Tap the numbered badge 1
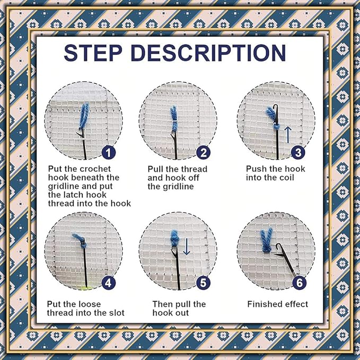click(x=109, y=153)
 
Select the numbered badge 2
click(x=203, y=153)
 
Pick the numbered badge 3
click(x=298, y=153)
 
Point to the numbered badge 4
click(x=109, y=283)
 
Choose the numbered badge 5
click(x=203, y=283)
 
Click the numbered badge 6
click(x=298, y=283)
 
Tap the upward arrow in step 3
click(x=287, y=134)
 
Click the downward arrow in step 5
click(x=186, y=246)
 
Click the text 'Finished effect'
click(x=277, y=304)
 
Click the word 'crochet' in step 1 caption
click(x=92, y=169)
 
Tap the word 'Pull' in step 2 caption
click(x=156, y=169)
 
